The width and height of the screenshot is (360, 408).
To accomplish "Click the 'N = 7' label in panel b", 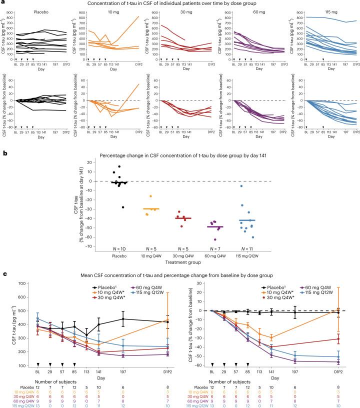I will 215,248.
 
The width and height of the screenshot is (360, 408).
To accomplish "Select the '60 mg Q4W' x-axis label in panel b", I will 215,256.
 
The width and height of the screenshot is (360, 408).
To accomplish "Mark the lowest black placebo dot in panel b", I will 123,207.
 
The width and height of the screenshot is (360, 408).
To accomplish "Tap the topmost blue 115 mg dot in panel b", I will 255,186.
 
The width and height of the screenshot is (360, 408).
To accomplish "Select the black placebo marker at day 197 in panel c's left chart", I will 122,318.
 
